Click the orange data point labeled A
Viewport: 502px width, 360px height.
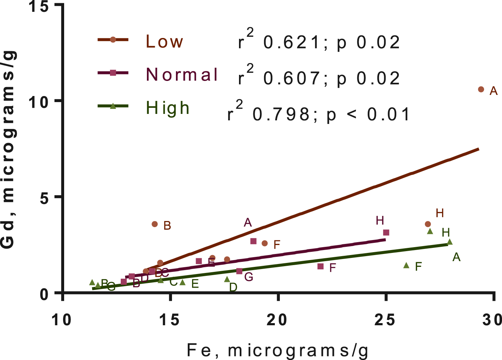[481, 89]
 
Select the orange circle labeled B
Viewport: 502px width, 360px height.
[155, 224]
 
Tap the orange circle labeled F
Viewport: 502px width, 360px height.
[265, 243]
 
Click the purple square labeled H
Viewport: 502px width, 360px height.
[386, 232]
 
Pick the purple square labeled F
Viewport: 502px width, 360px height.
[321, 267]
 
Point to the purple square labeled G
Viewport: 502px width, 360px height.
[239, 271]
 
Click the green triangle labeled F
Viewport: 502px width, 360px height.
[406, 265]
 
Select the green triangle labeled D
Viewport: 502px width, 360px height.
[227, 279]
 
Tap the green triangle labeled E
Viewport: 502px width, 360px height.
[182, 282]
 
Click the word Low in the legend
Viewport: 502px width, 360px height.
[164, 42]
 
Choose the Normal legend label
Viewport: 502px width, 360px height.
[182, 75]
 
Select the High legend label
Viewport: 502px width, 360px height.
[168, 108]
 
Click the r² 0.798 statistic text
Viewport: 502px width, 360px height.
[319, 114]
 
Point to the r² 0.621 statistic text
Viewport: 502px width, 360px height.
[319, 42]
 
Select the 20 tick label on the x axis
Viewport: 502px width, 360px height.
[278, 320]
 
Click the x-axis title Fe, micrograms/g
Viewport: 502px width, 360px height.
[278, 350]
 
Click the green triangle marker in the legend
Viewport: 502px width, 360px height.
[113, 106]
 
